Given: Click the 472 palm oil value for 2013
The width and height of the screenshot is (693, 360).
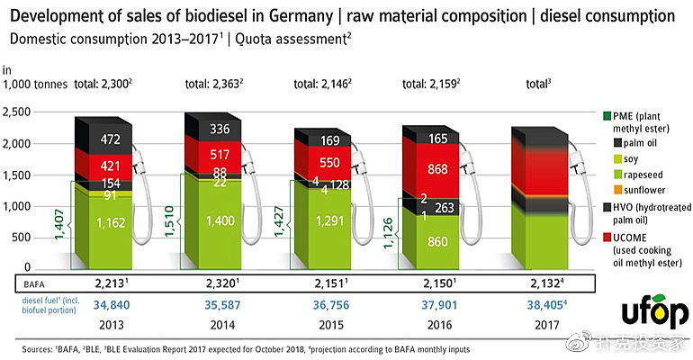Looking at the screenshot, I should pyautogui.click(x=110, y=139).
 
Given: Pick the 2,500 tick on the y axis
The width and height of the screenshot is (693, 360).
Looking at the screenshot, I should pyautogui.click(x=19, y=112).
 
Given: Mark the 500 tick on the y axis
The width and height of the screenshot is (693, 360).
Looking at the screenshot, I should pyautogui.click(x=24, y=237).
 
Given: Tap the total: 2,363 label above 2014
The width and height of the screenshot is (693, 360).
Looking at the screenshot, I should pyautogui.click(x=215, y=84).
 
